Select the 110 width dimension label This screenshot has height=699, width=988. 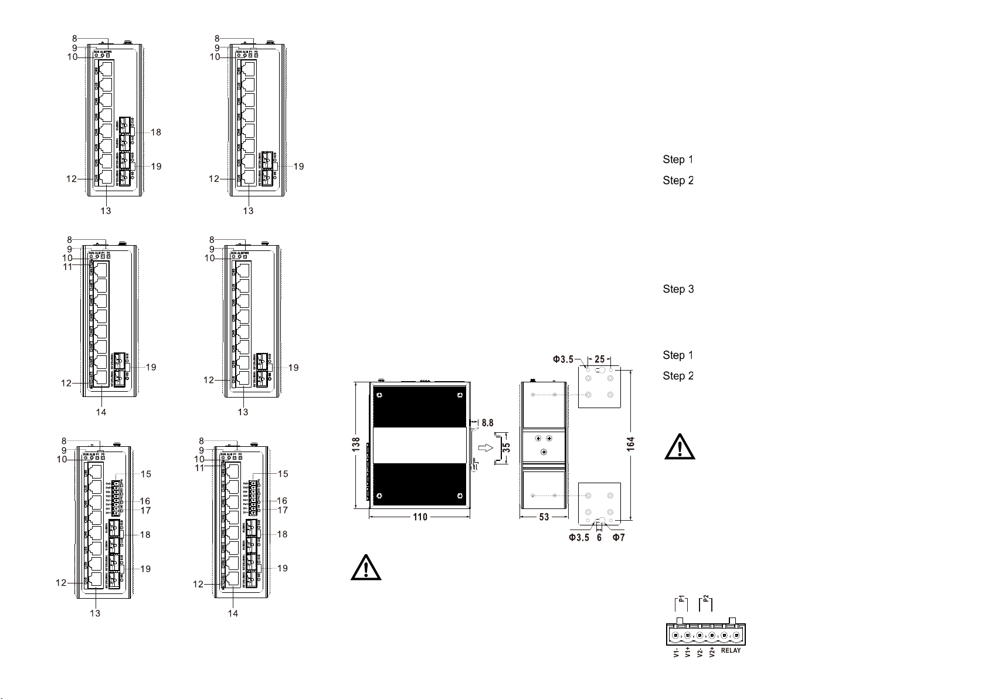420,517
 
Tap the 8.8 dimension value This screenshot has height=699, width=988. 487,422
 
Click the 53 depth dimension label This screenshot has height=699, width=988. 544,517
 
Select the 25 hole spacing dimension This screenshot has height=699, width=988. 599,359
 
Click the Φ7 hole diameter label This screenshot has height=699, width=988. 619,538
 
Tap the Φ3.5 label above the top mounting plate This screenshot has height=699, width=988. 563,359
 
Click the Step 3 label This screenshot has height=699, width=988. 678,289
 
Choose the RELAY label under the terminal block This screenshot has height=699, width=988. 731,650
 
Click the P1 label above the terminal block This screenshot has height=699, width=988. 681,600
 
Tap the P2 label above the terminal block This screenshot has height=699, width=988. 706,600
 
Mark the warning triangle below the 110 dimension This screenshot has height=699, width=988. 366,567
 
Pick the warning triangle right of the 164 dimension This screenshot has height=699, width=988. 680,447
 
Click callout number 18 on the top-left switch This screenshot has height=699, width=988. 155,133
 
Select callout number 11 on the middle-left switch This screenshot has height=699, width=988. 68,267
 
